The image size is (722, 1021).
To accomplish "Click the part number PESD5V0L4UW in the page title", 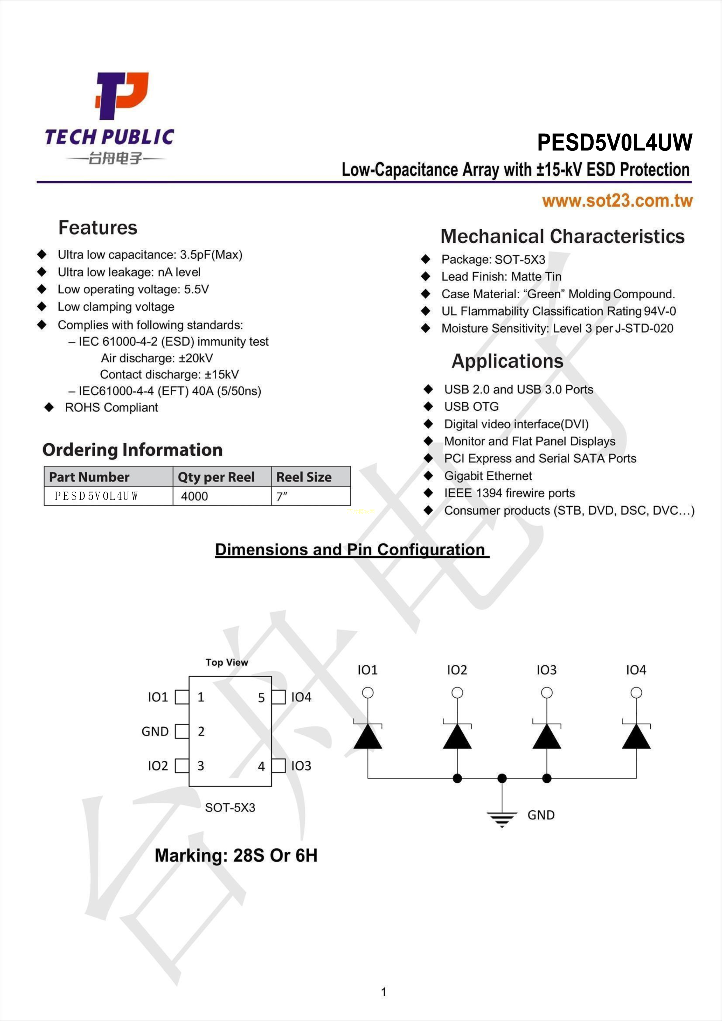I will [614, 142].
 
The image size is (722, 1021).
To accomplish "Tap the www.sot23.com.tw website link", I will [617, 201].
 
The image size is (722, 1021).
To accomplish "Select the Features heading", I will [98, 228].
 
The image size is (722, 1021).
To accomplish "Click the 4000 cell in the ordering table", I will [194, 496].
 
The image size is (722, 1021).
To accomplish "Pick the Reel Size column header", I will [304, 477].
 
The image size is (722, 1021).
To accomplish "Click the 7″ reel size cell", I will [282, 496].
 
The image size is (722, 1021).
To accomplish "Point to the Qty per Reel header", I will [216, 477].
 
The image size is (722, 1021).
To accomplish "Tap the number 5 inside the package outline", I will [261, 698].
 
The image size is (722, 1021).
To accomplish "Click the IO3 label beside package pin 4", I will [301, 766].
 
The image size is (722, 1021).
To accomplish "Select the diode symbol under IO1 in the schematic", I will [368, 736].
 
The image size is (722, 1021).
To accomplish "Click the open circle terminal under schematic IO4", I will [636, 692].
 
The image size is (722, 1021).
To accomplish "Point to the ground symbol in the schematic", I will [502, 817].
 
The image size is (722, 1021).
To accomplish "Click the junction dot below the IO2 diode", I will [457, 778].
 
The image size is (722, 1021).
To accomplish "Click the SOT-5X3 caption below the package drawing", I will [230, 808].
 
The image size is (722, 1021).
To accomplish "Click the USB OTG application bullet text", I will [471, 406].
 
